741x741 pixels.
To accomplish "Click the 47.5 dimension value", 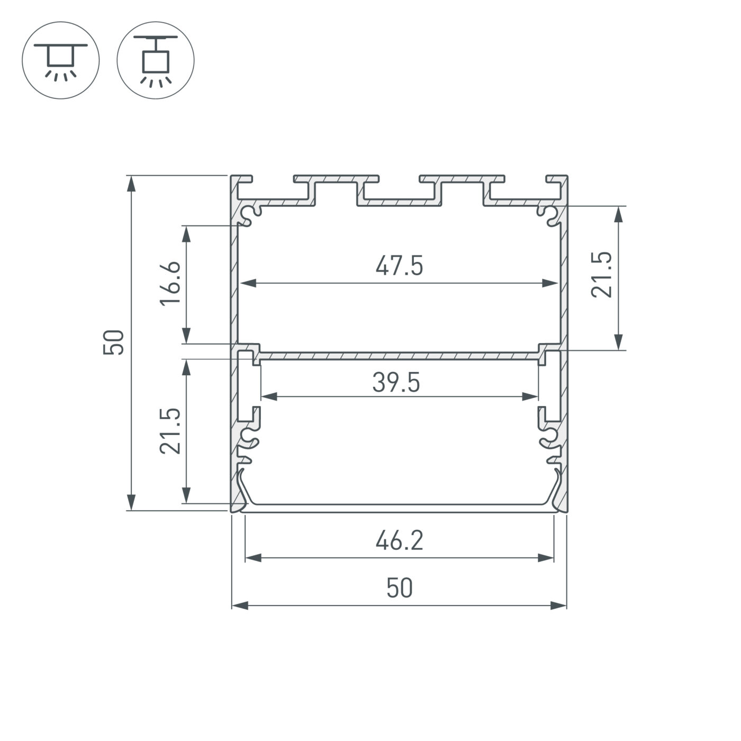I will coord(399,266).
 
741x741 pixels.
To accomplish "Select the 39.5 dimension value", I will coord(396,383).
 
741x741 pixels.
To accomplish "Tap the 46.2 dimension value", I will coord(399,541).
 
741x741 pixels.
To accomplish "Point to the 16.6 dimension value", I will coord(171,283).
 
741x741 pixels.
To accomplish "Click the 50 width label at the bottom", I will coord(399,589).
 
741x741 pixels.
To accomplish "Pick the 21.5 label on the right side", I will coord(602,274).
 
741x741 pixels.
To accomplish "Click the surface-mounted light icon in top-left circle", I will coord(60,60).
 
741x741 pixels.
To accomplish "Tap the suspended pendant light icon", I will coord(156,60).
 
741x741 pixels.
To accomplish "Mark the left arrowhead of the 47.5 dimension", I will coord(248,283).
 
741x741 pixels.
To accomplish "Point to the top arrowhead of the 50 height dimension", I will coord(131,183).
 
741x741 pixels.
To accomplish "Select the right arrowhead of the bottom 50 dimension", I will coord(559,605).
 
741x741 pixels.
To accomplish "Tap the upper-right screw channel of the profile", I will coord(548,214).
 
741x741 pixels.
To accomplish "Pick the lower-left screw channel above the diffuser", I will coord(249,437).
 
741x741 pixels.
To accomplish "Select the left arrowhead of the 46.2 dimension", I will coord(254,557).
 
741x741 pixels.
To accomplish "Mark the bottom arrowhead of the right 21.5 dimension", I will coord(618,341).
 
